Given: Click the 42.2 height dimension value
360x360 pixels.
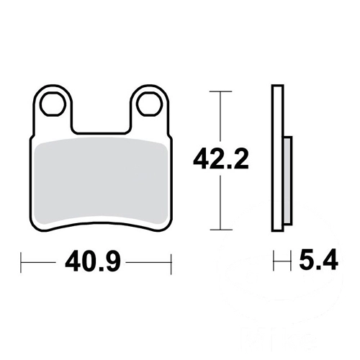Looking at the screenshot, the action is [x=221, y=158].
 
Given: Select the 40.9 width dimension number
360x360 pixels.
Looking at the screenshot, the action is [x=93, y=262].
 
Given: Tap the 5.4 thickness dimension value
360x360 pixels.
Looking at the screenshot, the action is [x=318, y=260].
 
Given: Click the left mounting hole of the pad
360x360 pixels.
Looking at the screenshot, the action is [x=53, y=104].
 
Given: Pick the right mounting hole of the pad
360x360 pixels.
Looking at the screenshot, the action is [x=149, y=104].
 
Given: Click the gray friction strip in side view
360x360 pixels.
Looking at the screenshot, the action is [x=288, y=181].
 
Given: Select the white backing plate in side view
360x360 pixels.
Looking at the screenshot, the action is [x=278, y=158].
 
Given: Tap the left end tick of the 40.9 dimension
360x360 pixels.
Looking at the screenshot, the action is [x=21, y=263].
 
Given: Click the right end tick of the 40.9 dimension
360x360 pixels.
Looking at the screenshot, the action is [x=171, y=263].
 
